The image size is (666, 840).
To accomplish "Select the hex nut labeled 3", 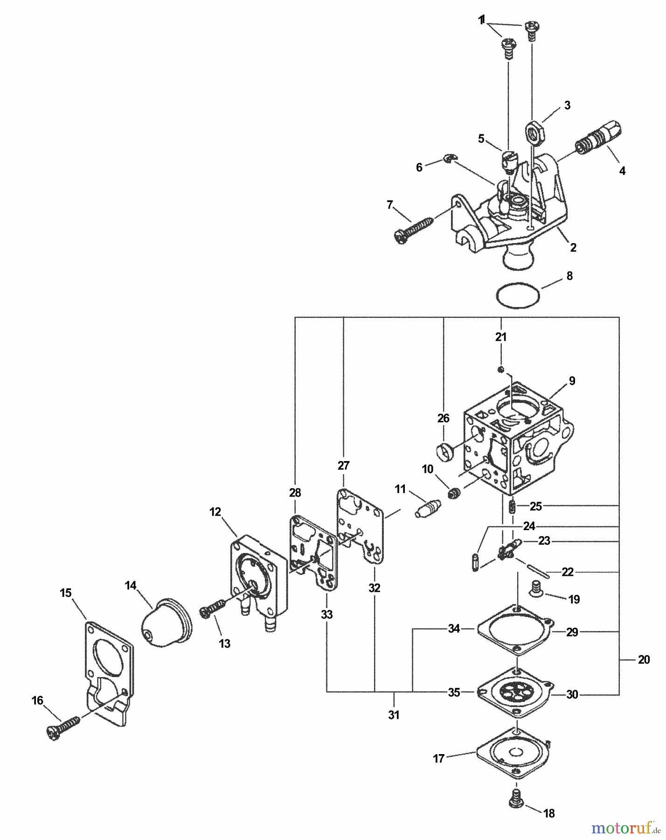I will (x=533, y=131).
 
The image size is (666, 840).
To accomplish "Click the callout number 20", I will (x=644, y=660).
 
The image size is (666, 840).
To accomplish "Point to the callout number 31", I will (x=394, y=714).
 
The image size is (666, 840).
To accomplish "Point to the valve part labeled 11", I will (x=427, y=508).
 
